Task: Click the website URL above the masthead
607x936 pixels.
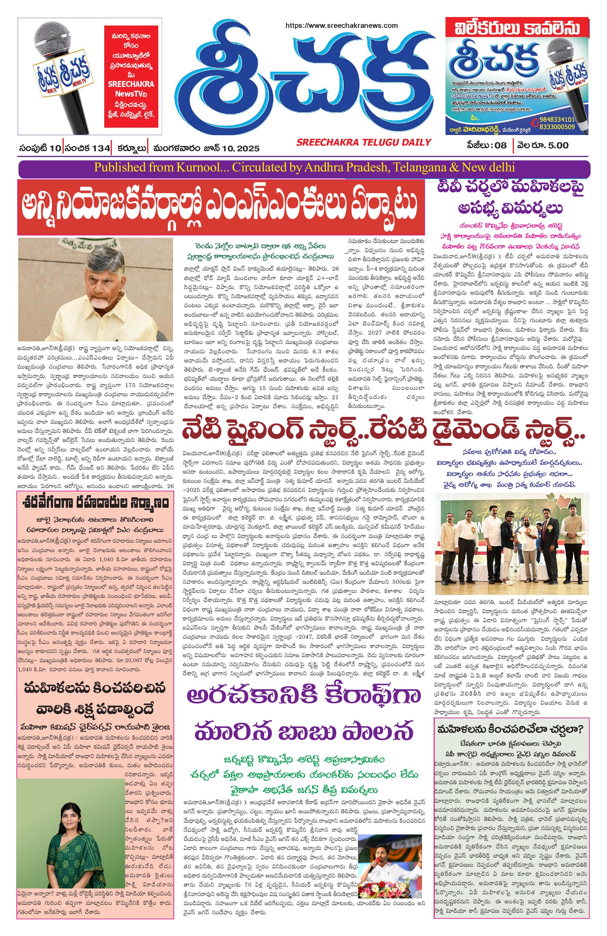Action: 341,26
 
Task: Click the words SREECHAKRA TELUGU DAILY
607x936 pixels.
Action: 364,142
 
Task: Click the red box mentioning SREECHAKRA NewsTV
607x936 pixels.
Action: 131,76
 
